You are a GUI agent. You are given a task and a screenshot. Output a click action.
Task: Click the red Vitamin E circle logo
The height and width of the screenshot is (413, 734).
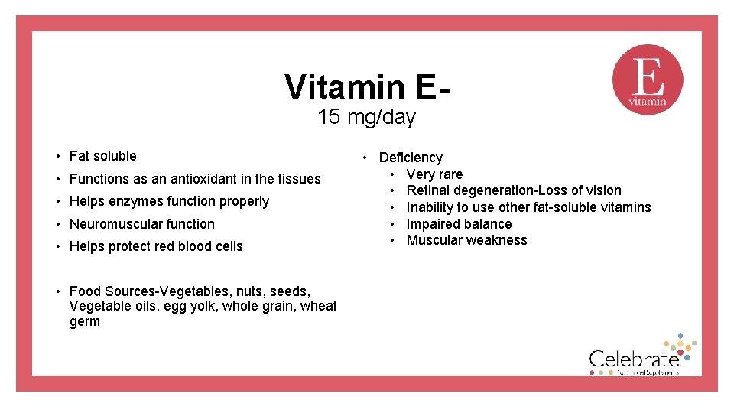648,80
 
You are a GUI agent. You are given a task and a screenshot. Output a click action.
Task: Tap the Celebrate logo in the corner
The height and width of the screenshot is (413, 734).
640,357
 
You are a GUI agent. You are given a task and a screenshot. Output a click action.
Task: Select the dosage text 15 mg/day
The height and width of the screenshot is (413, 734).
366,118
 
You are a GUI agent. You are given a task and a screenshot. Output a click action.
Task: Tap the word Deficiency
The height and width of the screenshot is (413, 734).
411,158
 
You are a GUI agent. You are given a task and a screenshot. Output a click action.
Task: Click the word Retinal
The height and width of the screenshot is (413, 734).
427,190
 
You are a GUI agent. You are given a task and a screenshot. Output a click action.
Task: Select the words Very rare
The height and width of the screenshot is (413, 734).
434,174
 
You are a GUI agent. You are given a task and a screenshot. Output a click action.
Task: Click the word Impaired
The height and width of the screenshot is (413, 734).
433,224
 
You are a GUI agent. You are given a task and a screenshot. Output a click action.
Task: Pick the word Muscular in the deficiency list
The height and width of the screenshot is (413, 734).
433,240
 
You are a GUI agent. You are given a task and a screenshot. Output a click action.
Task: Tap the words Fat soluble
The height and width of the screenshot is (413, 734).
102,156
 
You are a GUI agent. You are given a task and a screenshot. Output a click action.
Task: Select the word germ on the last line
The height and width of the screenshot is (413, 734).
84,321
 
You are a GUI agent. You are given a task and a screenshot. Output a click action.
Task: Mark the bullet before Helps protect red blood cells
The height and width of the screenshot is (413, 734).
58,246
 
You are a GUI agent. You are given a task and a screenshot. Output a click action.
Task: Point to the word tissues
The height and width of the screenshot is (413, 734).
299,179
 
